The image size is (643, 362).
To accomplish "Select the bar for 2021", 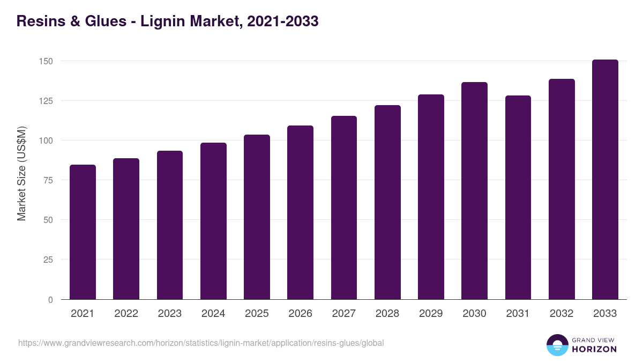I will point(83,232).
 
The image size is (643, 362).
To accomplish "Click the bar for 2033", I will point(605,179).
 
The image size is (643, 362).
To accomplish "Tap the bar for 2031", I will point(518,197).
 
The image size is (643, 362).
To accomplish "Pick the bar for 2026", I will point(300,212).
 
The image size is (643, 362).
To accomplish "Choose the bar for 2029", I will point(431,197).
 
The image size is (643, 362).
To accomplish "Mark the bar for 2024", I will point(213,221).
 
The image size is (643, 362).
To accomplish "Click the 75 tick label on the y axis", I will point(48,180).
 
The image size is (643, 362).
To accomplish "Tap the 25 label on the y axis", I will point(48,260).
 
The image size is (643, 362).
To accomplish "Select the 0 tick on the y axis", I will point(50,299).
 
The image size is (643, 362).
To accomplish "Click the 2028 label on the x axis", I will point(387,314).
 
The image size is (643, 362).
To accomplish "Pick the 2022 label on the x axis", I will point(126,314).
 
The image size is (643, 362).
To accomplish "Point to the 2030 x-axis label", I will point(474,314).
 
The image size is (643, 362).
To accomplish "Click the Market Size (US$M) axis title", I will point(21,173).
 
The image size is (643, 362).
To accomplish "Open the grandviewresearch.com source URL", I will point(201,343).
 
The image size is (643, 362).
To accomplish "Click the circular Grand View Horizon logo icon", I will point(557,345).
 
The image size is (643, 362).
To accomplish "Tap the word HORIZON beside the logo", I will point(594,349).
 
